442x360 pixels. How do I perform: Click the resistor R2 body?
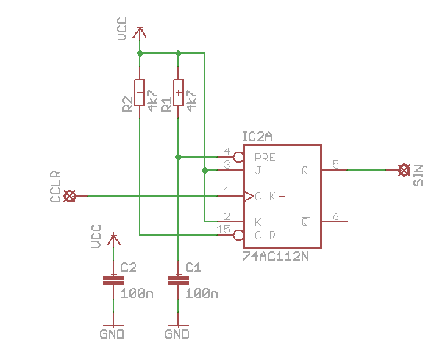tap(139, 93)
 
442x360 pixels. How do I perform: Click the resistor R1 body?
tap(178, 93)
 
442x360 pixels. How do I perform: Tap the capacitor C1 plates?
tap(178, 280)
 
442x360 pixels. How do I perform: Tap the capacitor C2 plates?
tap(113, 280)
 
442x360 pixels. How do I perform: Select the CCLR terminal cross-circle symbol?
tap(70, 196)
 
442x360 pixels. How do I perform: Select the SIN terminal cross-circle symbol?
tap(404, 170)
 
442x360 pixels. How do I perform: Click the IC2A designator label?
tap(257, 137)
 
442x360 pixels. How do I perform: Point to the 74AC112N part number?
tap(275, 256)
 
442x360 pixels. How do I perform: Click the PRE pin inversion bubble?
tap(238, 157)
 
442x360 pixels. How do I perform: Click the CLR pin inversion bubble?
tap(238, 235)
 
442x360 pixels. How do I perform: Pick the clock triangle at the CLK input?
tap(249, 196)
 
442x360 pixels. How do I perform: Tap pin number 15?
tap(224, 230)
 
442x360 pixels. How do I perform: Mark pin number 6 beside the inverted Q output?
tap(335, 216)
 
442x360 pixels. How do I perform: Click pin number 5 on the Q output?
tap(335, 164)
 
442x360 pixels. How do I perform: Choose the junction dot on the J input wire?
tap(204, 170)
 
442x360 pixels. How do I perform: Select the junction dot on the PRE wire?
tap(178, 157)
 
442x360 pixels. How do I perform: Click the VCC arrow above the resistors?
tap(140, 32)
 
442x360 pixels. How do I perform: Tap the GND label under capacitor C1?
tap(177, 334)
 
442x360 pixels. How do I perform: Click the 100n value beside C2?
tap(137, 294)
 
